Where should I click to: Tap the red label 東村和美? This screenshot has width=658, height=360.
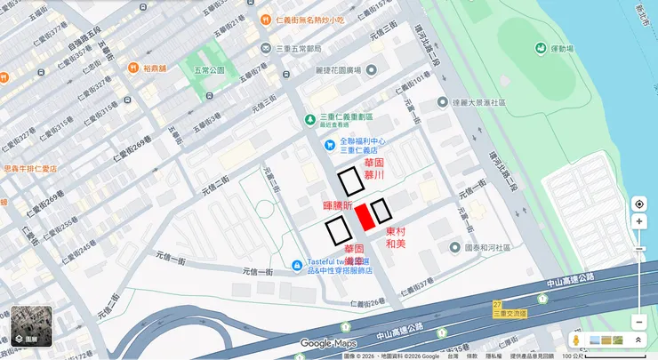pyautogui.click(x=395, y=237)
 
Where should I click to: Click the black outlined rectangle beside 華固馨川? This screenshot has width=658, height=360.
pyautogui.click(x=349, y=180)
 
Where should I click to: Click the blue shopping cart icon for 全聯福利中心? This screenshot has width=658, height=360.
pyautogui.click(x=330, y=144)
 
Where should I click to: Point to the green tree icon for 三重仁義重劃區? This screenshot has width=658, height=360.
pyautogui.click(x=310, y=118)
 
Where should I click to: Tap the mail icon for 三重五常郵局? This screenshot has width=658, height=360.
pyautogui.click(x=267, y=47)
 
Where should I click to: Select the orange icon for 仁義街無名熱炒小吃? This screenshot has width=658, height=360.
pyautogui.click(x=266, y=20)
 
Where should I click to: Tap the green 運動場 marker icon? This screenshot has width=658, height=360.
pyautogui.click(x=540, y=47)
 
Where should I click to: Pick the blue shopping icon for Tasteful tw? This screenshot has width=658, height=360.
pyautogui.click(x=297, y=265)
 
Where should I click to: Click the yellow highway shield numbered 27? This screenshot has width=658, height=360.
pyautogui.click(x=497, y=305)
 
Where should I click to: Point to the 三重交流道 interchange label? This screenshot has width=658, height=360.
pyautogui.click(x=509, y=314)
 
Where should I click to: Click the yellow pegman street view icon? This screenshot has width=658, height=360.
pyautogui.click(x=576, y=340)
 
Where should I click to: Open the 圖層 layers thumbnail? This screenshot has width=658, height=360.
pyautogui.click(x=31, y=326)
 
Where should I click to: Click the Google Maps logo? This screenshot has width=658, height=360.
pyautogui.click(x=327, y=343)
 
